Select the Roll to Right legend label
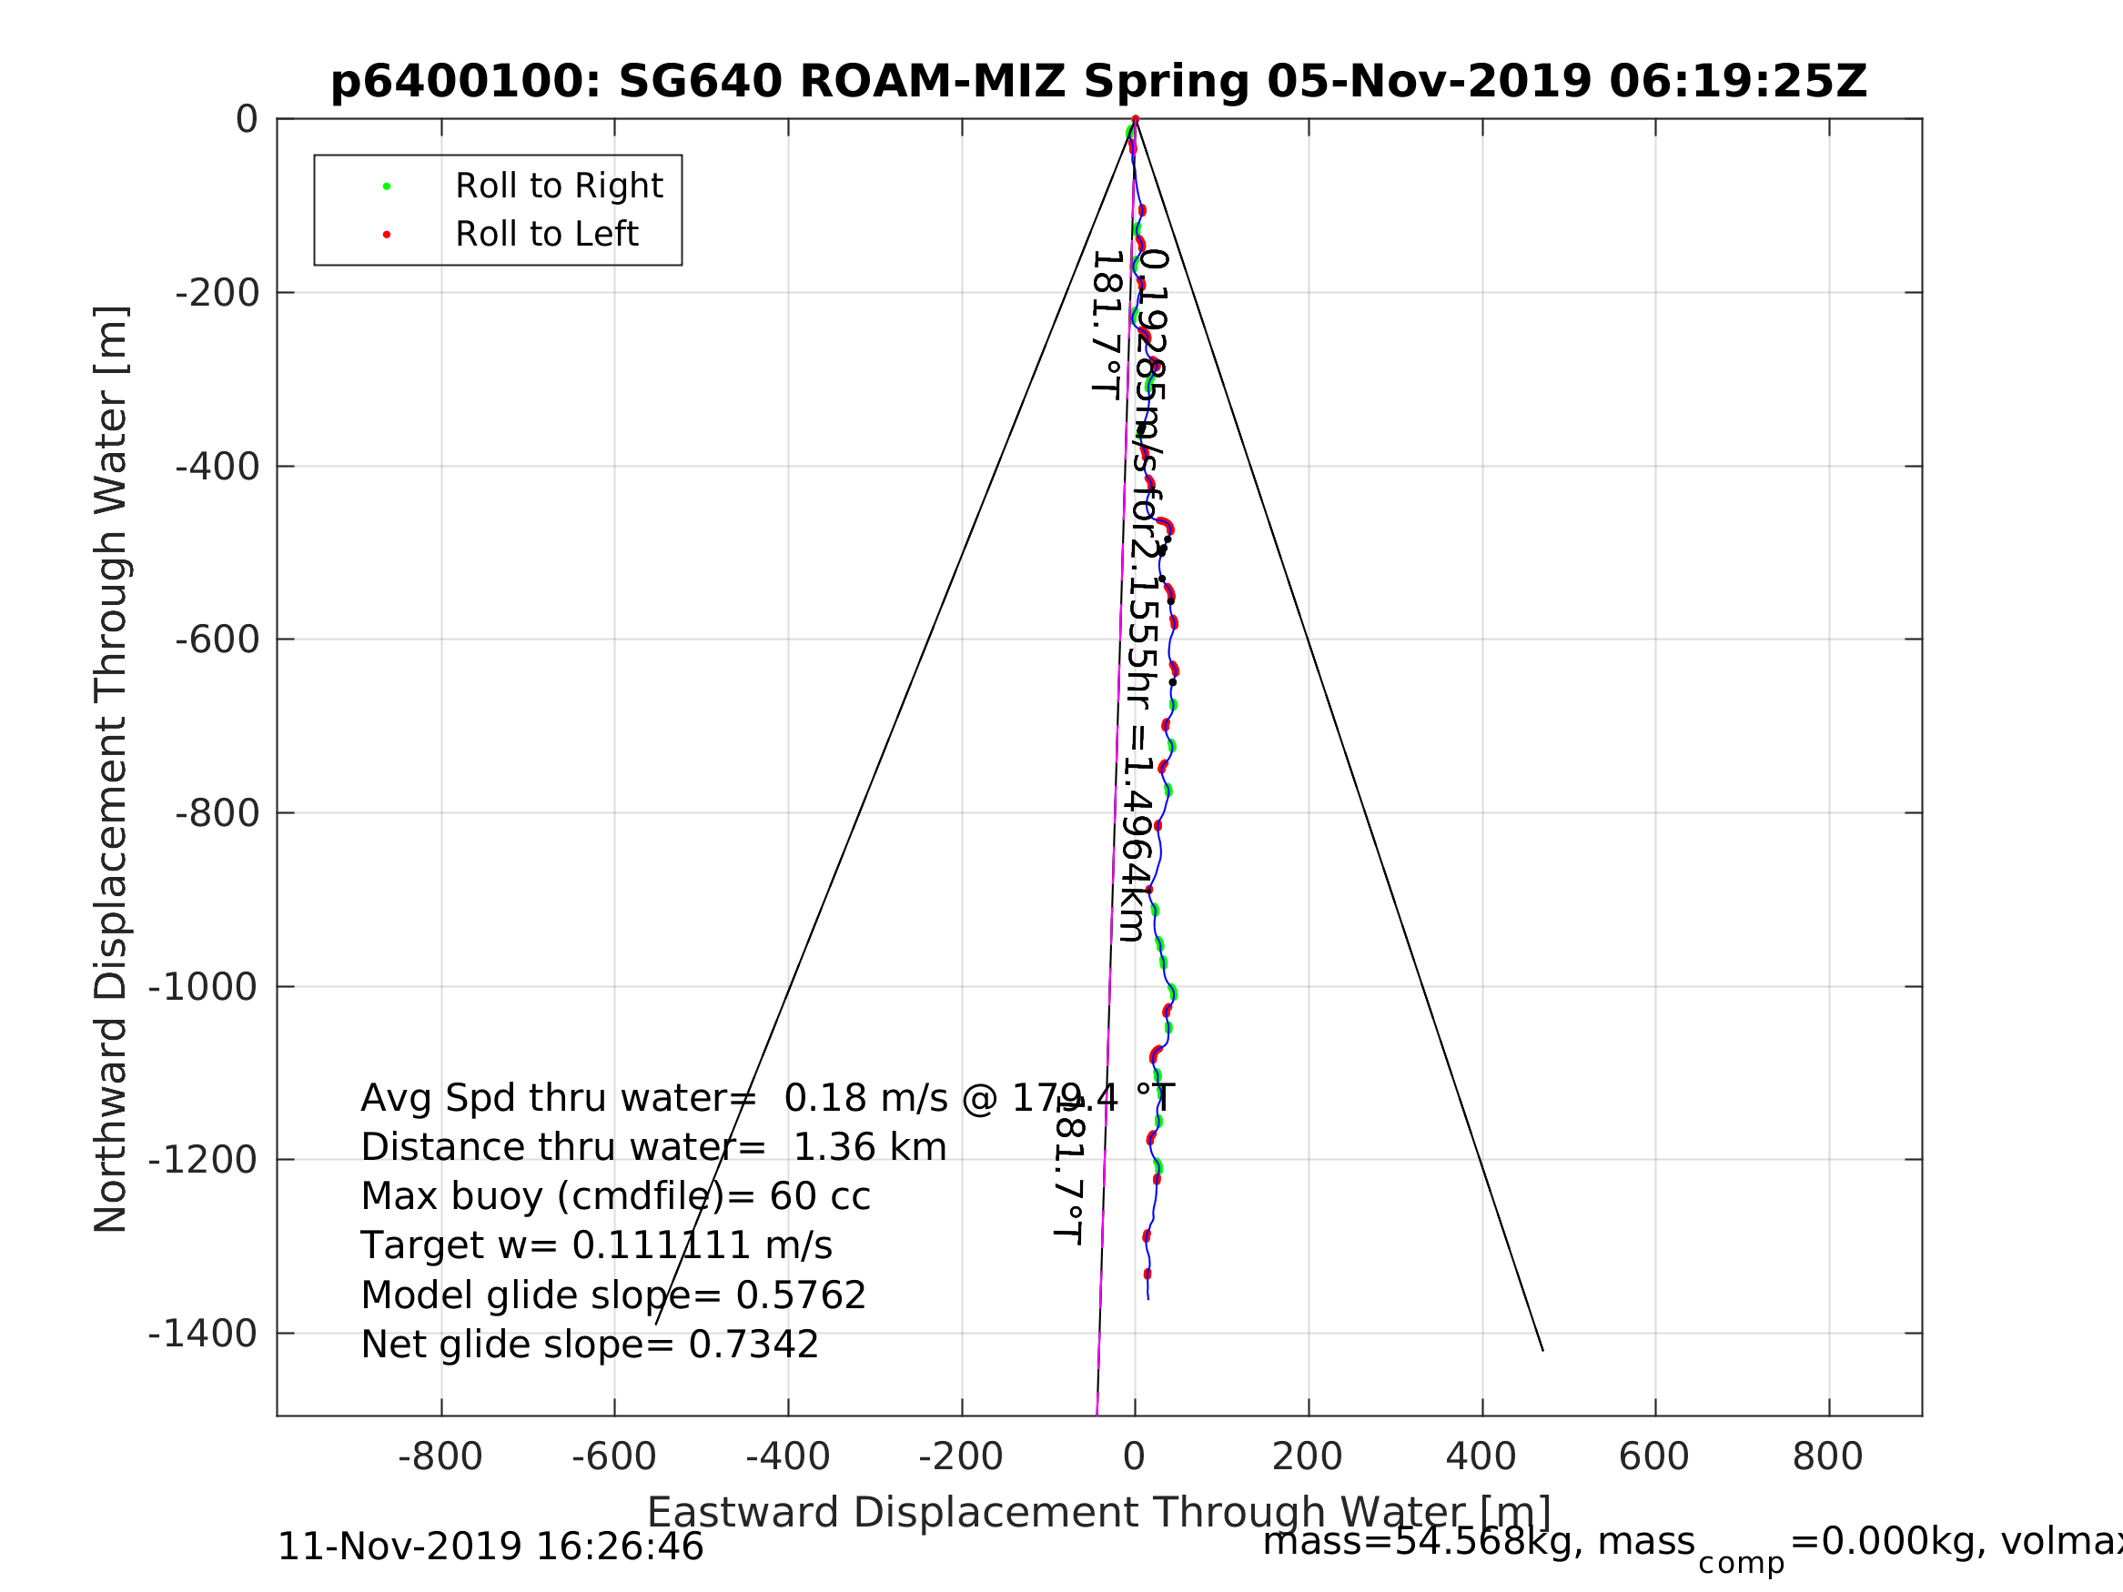pos(559,186)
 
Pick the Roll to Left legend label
pos(546,234)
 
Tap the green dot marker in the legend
pos(387,186)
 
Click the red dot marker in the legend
pos(387,235)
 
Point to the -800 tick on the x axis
pos(440,1457)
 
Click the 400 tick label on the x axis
pos(1481,1457)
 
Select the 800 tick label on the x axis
pos(1827,1457)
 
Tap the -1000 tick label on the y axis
pos(203,986)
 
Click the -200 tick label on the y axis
pos(217,294)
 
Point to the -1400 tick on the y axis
pos(203,1334)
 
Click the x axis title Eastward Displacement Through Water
pos(1099,1514)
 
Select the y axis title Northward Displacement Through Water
pos(111,769)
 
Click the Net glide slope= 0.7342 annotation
pos(590,1345)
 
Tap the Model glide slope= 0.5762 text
pos(613,1296)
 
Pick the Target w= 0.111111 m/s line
pos(596,1246)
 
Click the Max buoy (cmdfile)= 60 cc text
pos(615,1197)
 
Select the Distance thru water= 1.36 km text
pos(653,1148)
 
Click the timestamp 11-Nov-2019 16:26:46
pos(490,1547)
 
